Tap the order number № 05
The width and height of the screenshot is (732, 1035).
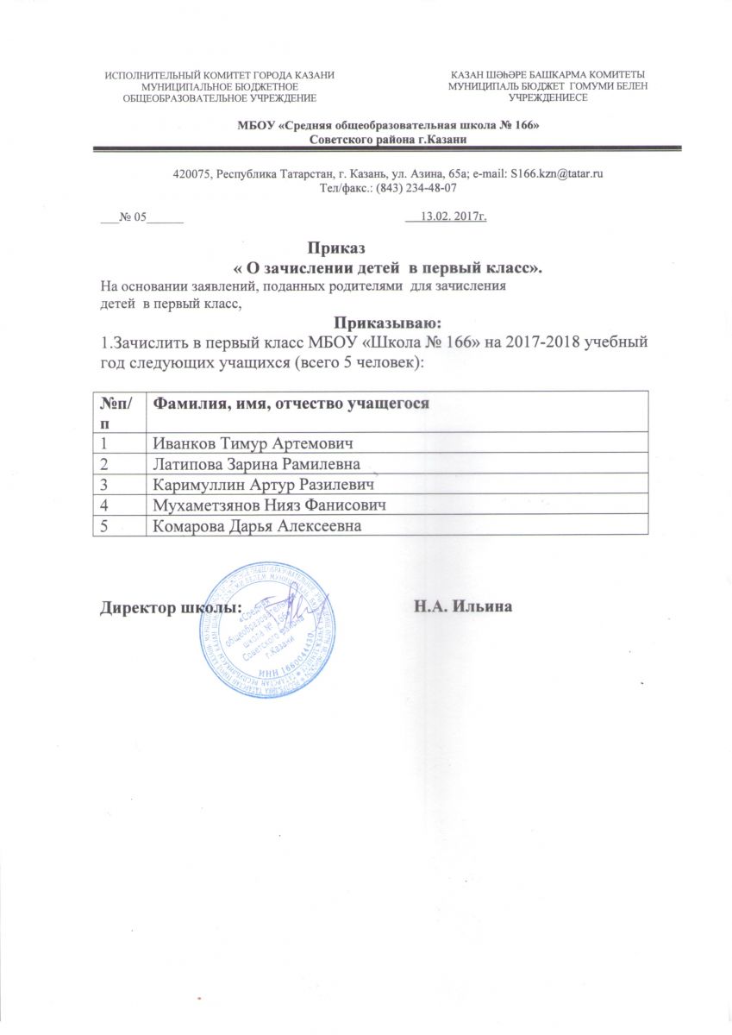(x=135, y=216)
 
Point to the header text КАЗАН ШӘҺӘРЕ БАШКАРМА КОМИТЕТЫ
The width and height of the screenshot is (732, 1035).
(x=547, y=76)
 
